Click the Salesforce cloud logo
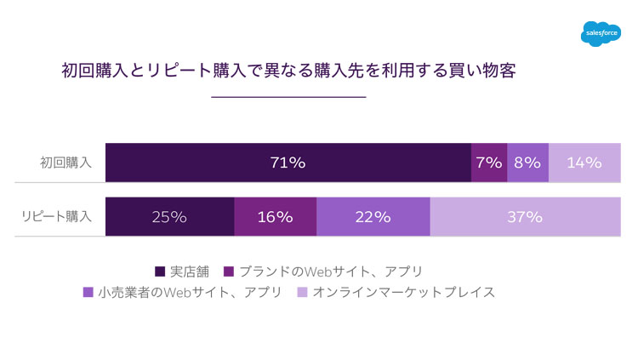pos(601,33)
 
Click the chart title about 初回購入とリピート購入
pos(288,71)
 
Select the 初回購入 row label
pos(66,163)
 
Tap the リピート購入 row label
pos(56,216)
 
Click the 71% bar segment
pos(288,163)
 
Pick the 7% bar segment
pos(489,163)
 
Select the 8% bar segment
pos(527,163)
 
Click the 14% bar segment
pos(584,163)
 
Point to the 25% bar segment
pos(169,216)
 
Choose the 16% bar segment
pos(275,216)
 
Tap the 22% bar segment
pos(373,216)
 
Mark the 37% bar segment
pos(525,216)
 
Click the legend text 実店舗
pos(189,271)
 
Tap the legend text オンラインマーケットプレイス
pos(403,293)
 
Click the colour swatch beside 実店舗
pos(160,271)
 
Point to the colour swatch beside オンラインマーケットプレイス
pos(301,293)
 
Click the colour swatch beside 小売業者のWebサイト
pos(88,293)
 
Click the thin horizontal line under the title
pos(288,97)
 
